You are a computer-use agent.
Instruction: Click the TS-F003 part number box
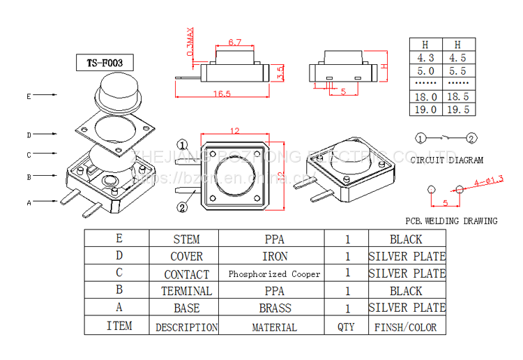click(105, 63)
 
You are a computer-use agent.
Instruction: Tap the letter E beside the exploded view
click(29, 96)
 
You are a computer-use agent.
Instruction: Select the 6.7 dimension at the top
click(234, 43)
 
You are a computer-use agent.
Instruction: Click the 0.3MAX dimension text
click(190, 43)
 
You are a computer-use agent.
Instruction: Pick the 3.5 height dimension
click(280, 73)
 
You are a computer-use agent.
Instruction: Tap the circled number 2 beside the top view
click(182, 207)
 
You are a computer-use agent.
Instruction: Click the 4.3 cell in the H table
click(425, 58)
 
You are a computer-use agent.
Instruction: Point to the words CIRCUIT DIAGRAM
click(447, 160)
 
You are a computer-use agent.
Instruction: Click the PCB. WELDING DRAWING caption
click(452, 221)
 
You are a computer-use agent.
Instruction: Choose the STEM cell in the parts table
click(186, 239)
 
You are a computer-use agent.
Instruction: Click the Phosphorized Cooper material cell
click(274, 274)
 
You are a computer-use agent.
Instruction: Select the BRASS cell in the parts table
click(274, 308)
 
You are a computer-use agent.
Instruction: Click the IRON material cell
click(274, 257)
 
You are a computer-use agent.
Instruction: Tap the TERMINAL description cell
click(186, 291)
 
